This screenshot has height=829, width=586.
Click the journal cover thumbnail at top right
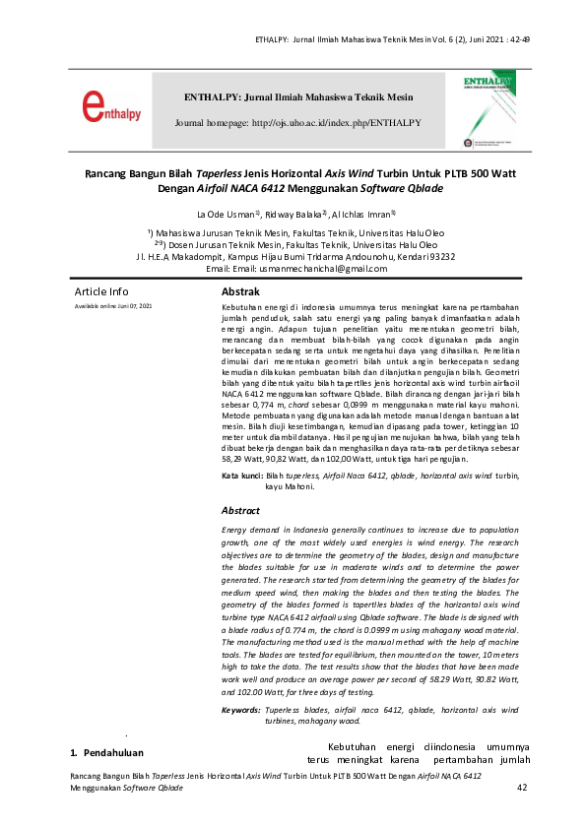click(489, 109)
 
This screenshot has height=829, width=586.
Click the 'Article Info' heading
click(101, 292)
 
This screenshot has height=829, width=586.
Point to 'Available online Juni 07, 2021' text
click(113, 307)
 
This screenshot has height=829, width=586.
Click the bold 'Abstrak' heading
click(240, 292)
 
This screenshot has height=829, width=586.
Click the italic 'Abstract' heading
click(240, 511)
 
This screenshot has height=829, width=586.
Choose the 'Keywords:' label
click(241, 709)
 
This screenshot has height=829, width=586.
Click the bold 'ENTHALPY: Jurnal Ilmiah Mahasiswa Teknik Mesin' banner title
click(298, 97)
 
